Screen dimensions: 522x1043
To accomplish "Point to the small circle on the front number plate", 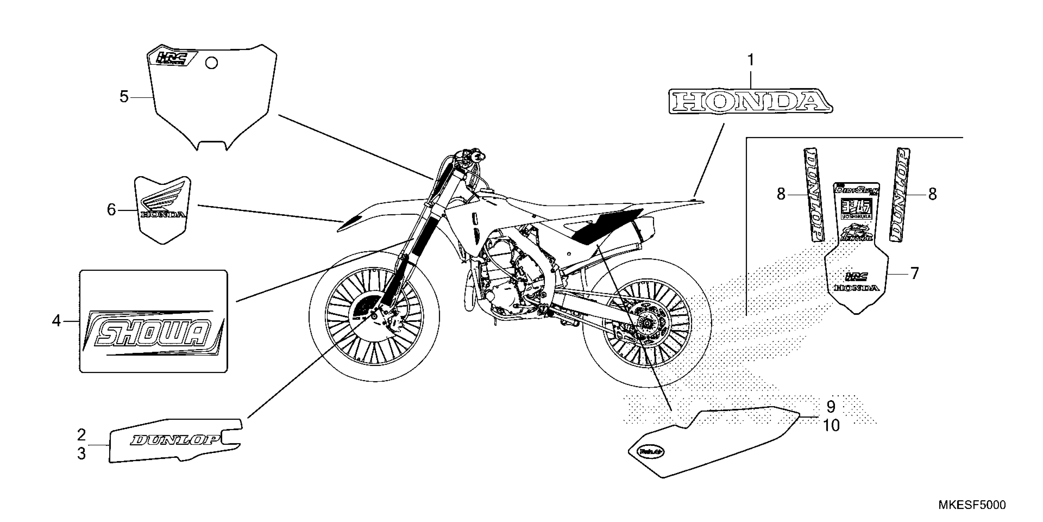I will click(x=212, y=63).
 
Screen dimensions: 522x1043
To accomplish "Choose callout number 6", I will click(x=111, y=209).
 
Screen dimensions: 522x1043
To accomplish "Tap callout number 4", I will click(x=56, y=321).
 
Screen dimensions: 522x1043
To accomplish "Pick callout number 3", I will click(x=81, y=454).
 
